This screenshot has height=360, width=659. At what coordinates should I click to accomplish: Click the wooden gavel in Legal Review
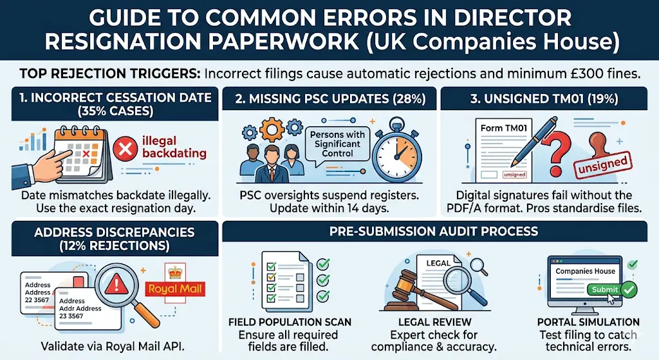tap(412, 286)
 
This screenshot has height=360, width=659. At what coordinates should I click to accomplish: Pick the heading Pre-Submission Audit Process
tap(434, 231)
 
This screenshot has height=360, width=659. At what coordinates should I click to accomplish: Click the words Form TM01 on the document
tap(504, 128)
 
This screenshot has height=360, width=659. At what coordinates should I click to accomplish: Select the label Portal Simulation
tap(588, 322)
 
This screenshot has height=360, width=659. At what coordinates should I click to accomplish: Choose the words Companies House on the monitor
tap(585, 271)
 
